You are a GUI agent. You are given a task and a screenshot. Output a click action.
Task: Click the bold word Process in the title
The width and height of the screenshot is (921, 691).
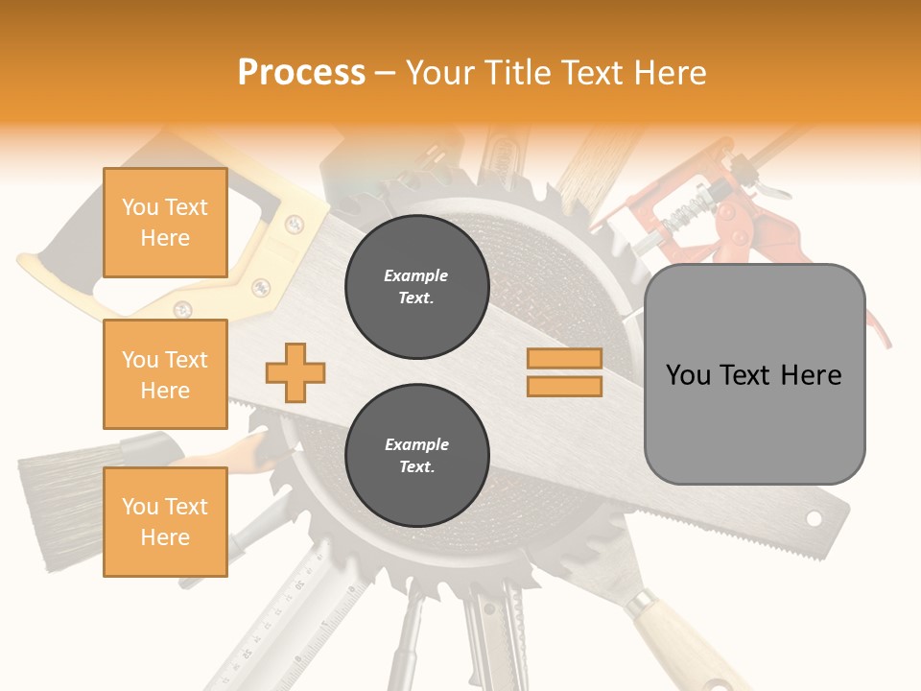[x=301, y=73]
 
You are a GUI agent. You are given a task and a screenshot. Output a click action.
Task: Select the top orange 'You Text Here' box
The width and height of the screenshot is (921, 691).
[x=165, y=223]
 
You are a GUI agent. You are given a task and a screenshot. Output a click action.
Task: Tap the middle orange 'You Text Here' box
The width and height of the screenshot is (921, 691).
[x=165, y=374]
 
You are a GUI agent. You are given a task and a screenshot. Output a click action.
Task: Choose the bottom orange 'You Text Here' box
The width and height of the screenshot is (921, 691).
[x=165, y=522]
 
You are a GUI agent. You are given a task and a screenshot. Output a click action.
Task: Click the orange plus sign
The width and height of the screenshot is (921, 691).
[x=295, y=372]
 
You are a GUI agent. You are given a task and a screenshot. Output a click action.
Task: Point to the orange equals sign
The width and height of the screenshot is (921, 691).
[x=564, y=372]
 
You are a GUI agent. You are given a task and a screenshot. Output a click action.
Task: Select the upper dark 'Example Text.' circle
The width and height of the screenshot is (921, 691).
[x=416, y=287]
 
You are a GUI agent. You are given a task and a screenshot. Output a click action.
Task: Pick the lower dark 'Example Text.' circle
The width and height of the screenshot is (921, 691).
[x=416, y=456]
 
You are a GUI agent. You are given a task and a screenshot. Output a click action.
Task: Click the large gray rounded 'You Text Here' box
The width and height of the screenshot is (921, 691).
[x=754, y=374]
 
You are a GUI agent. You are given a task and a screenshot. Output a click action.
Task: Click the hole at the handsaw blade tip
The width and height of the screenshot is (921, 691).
[x=814, y=518]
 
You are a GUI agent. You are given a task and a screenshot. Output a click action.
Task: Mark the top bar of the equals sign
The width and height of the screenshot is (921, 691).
[x=564, y=359]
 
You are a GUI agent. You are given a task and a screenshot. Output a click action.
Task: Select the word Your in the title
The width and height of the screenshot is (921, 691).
[x=440, y=73]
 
